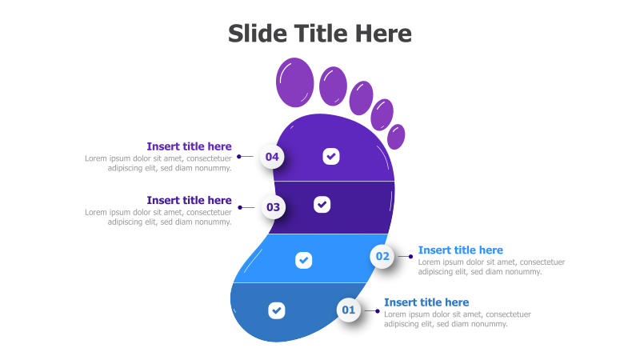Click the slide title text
click(320, 34)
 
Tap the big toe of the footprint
click(294, 82)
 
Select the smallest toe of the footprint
click(396, 135)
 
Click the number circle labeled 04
click(273, 157)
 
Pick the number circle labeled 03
click(274, 207)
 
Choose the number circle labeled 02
click(382, 257)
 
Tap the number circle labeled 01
click(349, 310)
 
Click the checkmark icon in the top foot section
click(331, 156)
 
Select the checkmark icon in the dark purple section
click(322, 204)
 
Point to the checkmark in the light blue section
click(303, 260)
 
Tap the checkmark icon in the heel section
click(276, 310)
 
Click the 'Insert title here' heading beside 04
click(189, 146)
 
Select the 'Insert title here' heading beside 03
click(189, 200)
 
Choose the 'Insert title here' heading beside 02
click(461, 250)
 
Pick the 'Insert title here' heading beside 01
click(426, 302)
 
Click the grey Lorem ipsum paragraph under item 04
click(158, 163)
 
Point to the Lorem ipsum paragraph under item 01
click(458, 319)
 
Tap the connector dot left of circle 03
click(240, 207)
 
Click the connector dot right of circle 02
click(410, 257)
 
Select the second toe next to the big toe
click(333, 86)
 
